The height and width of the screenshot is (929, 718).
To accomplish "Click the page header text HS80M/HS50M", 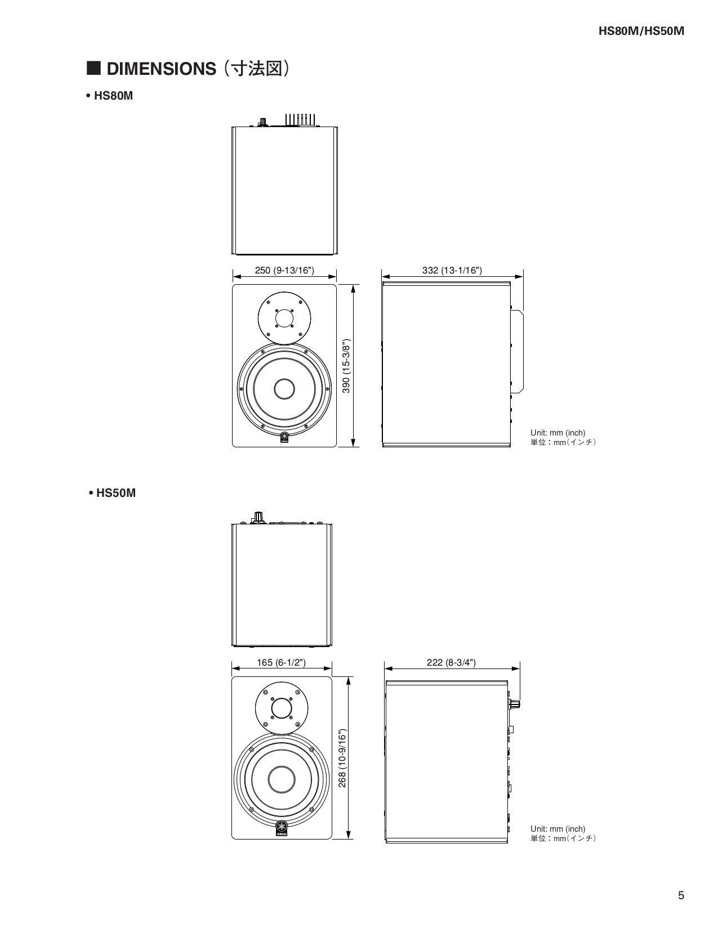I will (641, 32).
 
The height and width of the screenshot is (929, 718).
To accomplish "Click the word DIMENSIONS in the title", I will (161, 69).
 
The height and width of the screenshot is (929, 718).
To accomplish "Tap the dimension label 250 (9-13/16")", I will (284, 270).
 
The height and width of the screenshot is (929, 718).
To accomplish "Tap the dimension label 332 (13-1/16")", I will (452, 270).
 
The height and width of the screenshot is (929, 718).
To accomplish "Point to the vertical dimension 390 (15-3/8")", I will (346, 366).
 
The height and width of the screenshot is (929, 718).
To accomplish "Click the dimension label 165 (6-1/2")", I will (281, 662).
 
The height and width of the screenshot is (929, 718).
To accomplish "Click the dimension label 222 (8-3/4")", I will (451, 662).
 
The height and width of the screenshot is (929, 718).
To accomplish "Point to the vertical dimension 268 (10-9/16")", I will (342, 758).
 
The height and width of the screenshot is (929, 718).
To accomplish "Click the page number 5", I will (681, 896).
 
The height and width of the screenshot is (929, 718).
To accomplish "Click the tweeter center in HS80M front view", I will (284, 318).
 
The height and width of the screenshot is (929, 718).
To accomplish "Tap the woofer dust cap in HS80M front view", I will (284, 389).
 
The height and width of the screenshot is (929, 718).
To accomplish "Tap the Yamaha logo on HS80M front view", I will (284, 438).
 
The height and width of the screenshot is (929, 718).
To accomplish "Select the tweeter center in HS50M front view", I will (282, 708).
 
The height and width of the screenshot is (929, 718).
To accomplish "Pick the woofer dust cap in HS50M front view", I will (282, 779).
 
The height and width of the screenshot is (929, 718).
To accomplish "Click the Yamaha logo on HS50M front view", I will (282, 829).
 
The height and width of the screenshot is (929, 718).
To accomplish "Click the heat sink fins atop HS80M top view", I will (299, 120).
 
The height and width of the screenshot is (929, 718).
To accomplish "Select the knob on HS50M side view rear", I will (514, 704).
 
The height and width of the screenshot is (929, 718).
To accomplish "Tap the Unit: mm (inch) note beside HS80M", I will (558, 433).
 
